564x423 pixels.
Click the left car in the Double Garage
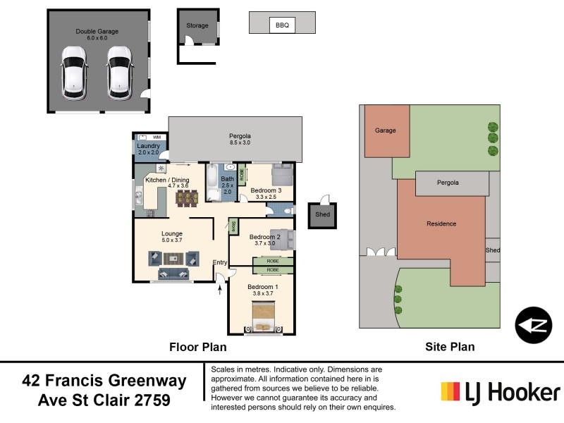click(73, 73)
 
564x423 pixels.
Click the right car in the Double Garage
click(119, 73)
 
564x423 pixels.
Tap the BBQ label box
click(282, 25)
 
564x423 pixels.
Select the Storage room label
click(197, 26)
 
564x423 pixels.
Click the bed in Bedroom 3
click(283, 174)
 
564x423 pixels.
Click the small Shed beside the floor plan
click(323, 215)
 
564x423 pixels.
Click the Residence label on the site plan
click(441, 224)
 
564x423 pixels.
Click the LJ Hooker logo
click(500, 392)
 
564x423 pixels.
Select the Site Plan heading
click(450, 347)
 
